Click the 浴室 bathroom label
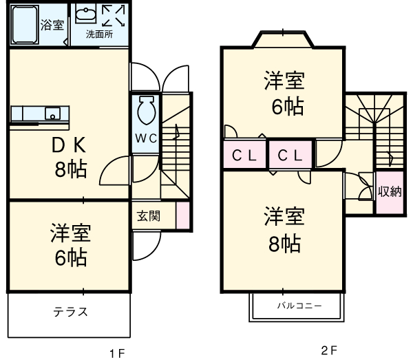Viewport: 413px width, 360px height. tap(52, 25)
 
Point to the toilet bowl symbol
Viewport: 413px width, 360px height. tap(145, 109)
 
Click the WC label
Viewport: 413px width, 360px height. tap(145, 138)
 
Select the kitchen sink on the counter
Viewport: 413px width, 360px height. tap(52, 112)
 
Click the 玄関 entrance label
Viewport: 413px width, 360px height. tap(148, 215)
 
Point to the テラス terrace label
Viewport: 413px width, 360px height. tap(70, 311)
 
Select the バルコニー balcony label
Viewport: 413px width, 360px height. tap(299, 304)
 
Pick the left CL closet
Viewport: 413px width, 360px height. tap(244, 156)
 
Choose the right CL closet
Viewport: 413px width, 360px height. tap(290, 156)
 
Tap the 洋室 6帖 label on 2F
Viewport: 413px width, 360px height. tap(284, 94)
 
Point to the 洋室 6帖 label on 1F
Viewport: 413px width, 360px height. tap(69, 244)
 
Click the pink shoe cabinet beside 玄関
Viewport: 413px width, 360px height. tap(182, 215)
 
